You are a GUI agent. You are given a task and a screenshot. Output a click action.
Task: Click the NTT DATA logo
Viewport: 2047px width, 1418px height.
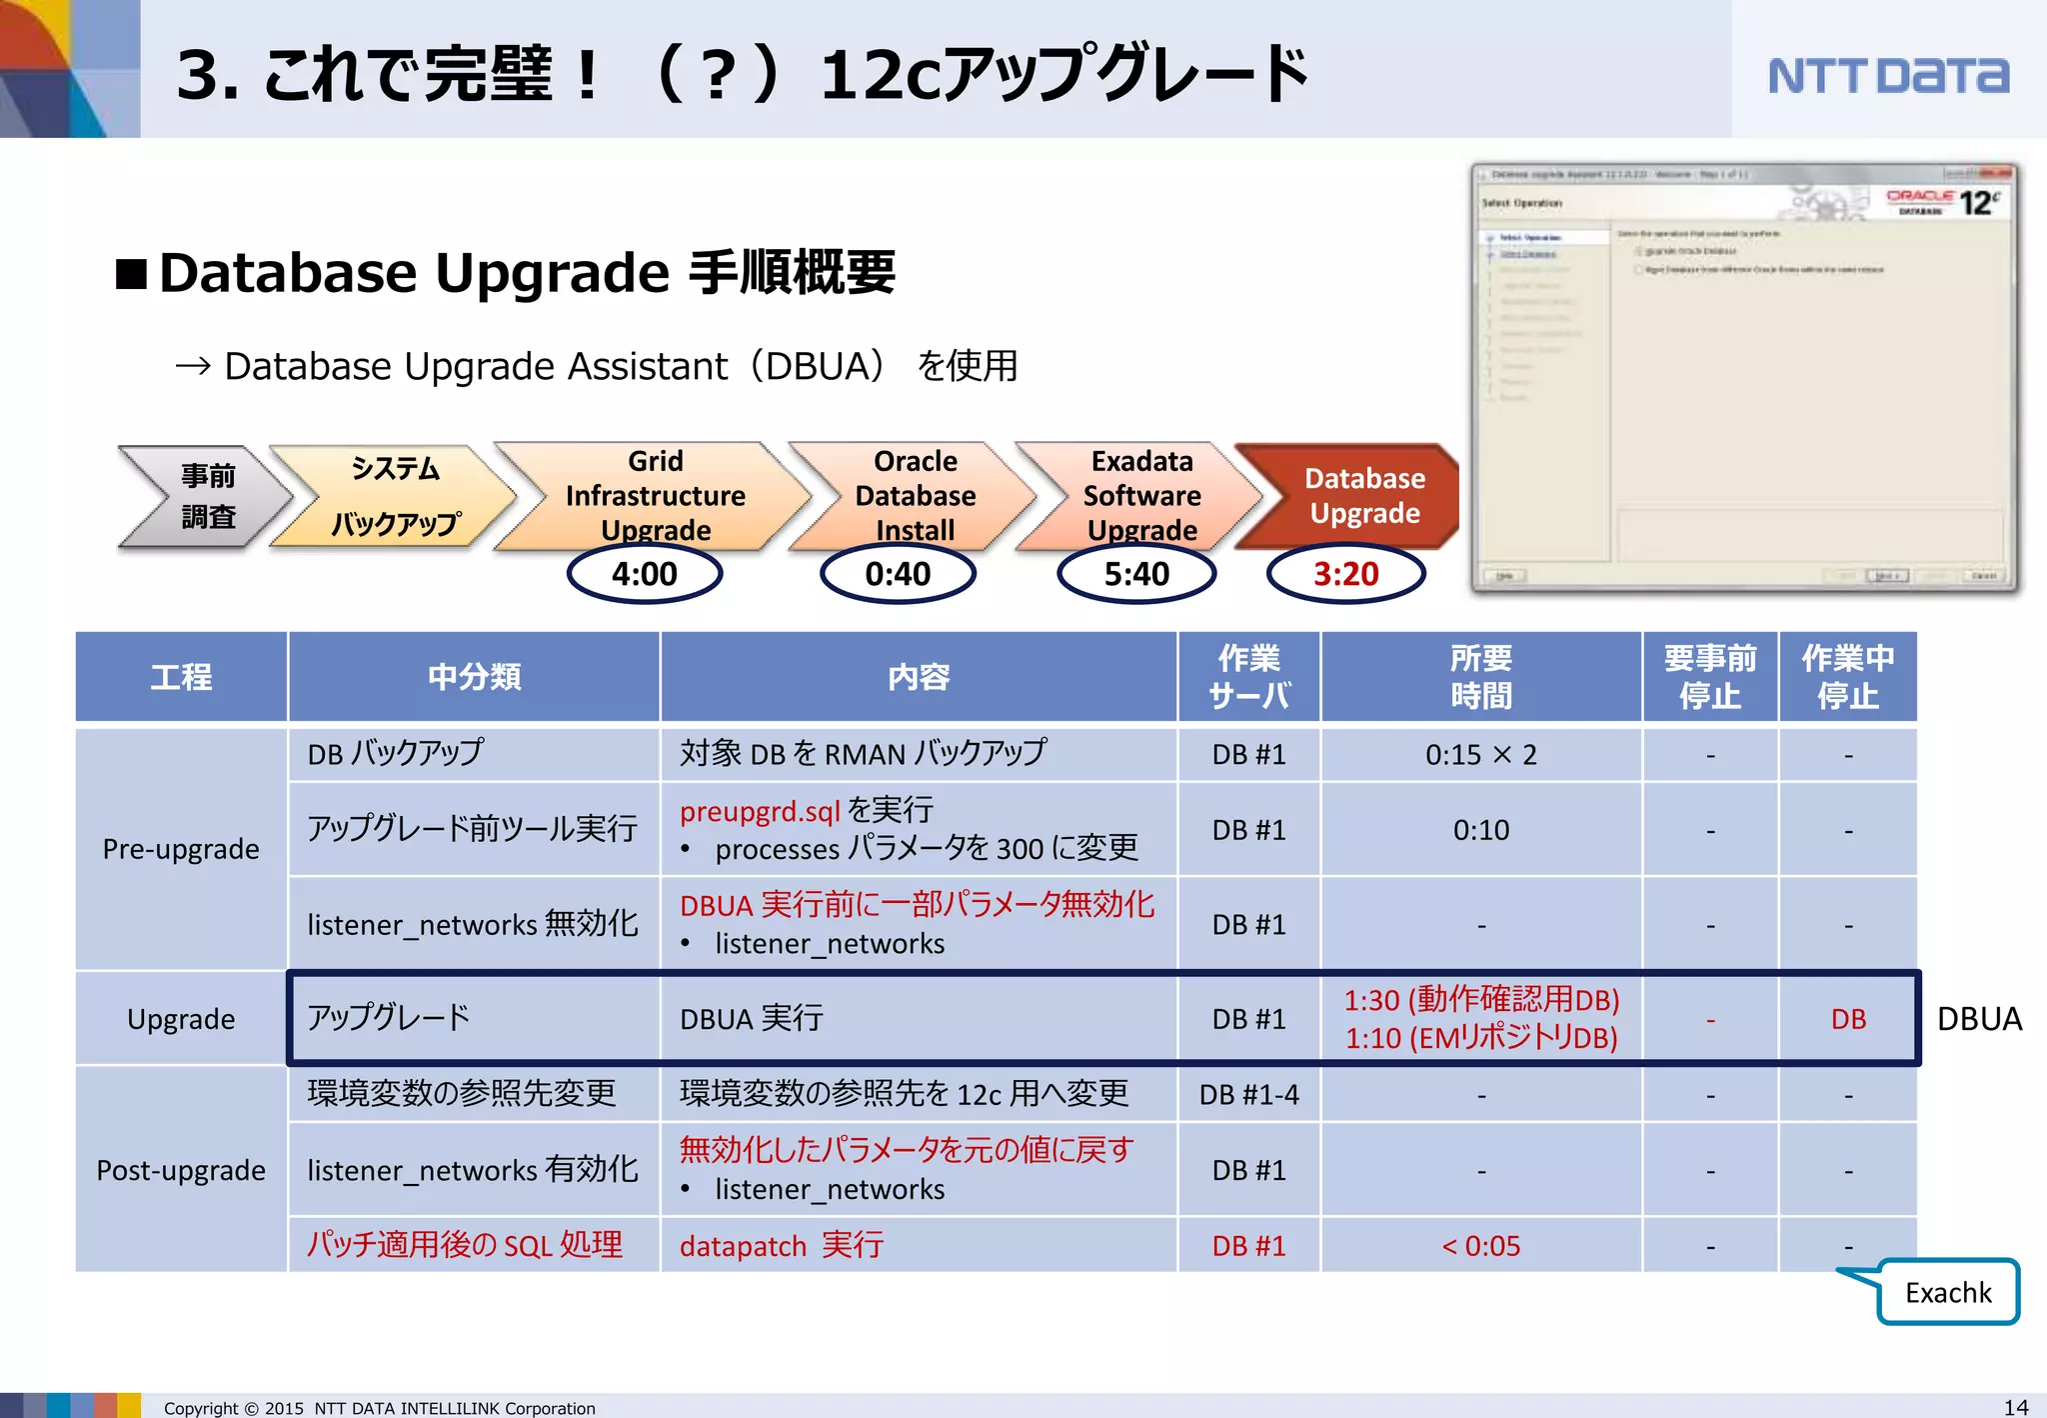click(1887, 76)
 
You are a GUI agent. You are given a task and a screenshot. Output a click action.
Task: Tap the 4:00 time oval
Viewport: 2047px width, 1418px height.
click(645, 574)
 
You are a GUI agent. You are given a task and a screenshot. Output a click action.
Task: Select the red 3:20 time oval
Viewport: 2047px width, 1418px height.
click(1345, 574)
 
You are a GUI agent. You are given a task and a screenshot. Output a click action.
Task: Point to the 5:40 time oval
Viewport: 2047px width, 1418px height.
click(1136, 574)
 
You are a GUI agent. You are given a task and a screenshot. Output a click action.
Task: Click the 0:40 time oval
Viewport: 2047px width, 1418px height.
click(898, 574)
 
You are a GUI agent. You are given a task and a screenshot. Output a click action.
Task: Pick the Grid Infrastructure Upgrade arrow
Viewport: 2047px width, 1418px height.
click(655, 496)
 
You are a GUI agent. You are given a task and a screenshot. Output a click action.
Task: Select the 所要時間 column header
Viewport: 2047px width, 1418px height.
click(1480, 677)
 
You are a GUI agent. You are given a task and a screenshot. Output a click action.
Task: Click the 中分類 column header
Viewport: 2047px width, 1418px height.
click(474, 677)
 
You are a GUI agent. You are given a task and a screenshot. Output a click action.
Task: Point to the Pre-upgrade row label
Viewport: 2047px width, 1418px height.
click(181, 849)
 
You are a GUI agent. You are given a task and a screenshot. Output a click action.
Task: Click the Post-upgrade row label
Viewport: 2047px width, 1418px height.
click(181, 1170)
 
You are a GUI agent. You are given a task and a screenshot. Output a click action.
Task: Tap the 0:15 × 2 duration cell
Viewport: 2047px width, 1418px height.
click(1480, 755)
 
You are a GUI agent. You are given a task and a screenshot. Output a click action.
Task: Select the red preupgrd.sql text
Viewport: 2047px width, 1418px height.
click(760, 811)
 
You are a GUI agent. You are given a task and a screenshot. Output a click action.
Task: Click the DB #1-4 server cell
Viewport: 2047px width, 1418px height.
click(1248, 1095)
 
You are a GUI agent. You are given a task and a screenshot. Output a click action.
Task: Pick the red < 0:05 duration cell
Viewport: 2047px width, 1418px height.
click(1480, 1246)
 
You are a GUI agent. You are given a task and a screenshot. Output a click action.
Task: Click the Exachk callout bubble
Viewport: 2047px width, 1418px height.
click(1947, 1293)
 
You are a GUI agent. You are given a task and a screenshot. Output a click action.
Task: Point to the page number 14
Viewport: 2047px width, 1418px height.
click(2016, 1407)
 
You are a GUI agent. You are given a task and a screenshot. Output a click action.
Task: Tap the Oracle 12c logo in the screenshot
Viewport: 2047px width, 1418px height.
click(1944, 202)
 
